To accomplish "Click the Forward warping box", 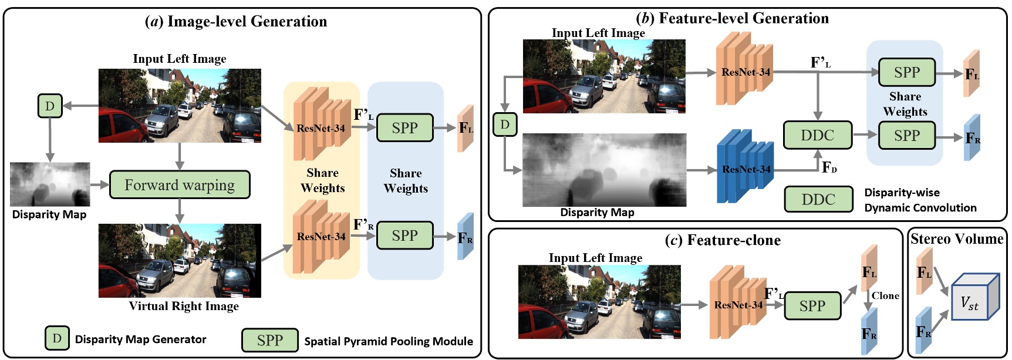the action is click(x=180, y=185).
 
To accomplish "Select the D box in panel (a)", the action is click(x=50, y=106).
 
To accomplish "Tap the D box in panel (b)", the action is click(x=505, y=125).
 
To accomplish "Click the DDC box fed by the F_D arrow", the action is click(x=818, y=136).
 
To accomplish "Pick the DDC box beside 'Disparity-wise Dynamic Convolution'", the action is click(x=818, y=200).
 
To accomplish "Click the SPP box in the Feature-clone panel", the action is click(x=812, y=306).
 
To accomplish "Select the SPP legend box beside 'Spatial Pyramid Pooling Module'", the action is click(x=270, y=340).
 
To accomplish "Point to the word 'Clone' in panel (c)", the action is click(x=885, y=295).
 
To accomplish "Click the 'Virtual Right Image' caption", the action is click(x=184, y=306).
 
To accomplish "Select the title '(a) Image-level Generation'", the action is click(x=236, y=22).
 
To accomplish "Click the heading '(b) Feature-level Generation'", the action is click(x=733, y=18).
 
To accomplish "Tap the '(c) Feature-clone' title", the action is click(x=723, y=240).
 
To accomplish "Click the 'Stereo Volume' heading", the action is click(x=957, y=239).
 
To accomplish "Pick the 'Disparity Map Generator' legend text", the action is click(x=141, y=339).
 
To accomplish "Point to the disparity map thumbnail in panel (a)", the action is click(x=50, y=184).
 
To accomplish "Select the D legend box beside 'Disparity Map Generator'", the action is click(x=57, y=338).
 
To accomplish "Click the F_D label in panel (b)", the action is click(x=829, y=167).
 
